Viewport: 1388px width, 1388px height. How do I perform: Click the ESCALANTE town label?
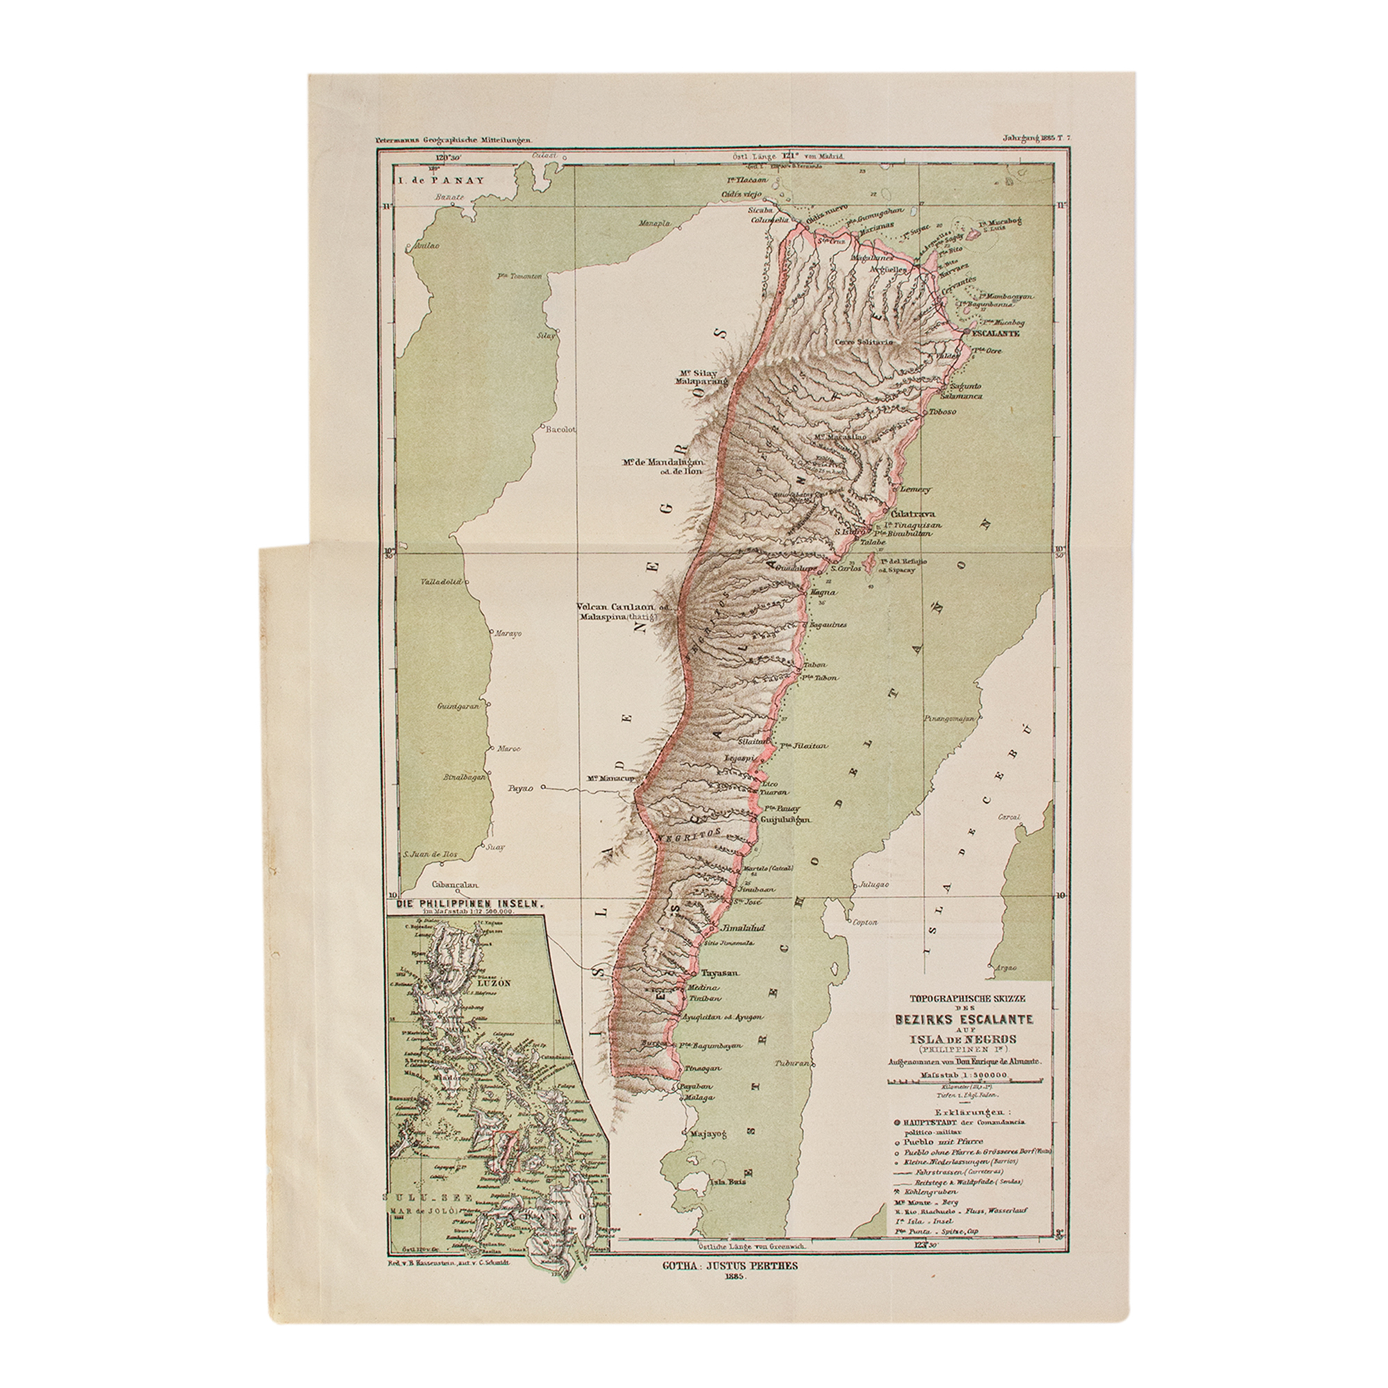click(x=996, y=334)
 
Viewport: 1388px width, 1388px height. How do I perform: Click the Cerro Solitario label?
click(x=863, y=342)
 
